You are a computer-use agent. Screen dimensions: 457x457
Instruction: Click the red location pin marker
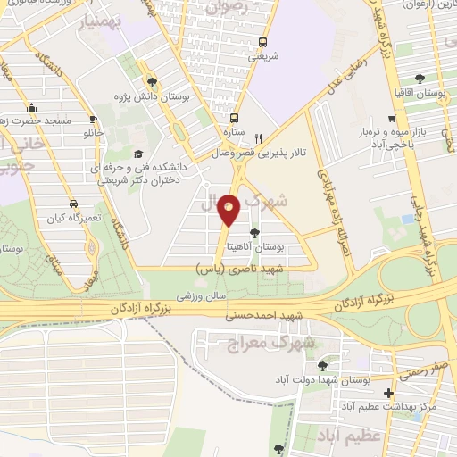coord(229,211)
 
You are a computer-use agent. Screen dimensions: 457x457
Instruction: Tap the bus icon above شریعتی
coord(262,42)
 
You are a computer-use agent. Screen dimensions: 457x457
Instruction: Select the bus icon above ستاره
coord(234,118)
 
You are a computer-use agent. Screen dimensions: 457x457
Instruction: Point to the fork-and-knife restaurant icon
coord(258,138)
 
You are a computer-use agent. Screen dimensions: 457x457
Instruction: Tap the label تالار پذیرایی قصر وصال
coord(259,153)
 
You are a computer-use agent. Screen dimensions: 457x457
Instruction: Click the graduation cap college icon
coord(137,154)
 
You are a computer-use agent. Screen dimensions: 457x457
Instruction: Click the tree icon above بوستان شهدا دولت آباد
coord(322,367)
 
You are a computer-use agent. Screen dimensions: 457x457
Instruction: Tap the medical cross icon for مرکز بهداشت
coord(387,393)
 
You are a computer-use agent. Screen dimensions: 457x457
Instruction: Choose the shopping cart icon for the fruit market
coord(392,118)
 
